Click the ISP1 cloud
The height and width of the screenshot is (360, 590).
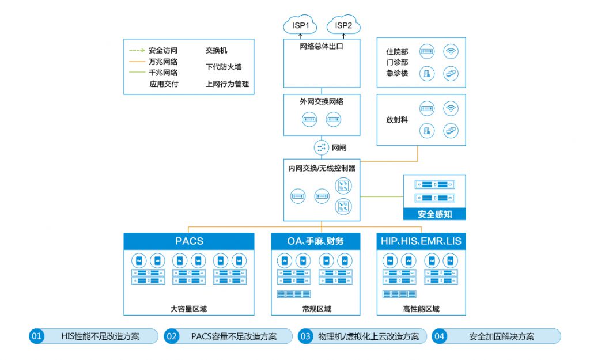click(300, 25)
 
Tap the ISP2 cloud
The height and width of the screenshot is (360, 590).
click(343, 25)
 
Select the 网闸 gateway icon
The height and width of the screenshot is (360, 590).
click(322, 147)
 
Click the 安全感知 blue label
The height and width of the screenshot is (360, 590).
click(434, 214)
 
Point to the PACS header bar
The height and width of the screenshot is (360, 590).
click(189, 241)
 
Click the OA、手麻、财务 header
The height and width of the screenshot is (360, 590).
click(316, 241)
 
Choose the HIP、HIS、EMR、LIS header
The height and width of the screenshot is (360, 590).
click(421, 241)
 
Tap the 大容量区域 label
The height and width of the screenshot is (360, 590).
click(188, 309)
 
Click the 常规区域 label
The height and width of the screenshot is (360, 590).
click(316, 309)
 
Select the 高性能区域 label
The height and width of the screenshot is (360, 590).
click(421, 309)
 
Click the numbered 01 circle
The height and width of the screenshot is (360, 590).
click(36, 336)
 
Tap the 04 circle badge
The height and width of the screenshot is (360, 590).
click(440, 336)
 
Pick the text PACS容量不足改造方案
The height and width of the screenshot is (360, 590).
click(234, 336)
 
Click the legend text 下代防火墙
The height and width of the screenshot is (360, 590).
click(224, 67)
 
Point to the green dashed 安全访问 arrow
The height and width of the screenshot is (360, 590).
click(137, 50)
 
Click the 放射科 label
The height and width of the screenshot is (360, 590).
click(397, 120)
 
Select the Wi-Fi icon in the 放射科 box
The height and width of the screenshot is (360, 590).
click(451, 109)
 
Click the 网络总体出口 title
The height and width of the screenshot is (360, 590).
click(322, 46)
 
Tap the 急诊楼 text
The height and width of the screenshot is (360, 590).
click(397, 73)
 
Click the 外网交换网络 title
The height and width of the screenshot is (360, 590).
click(322, 101)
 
